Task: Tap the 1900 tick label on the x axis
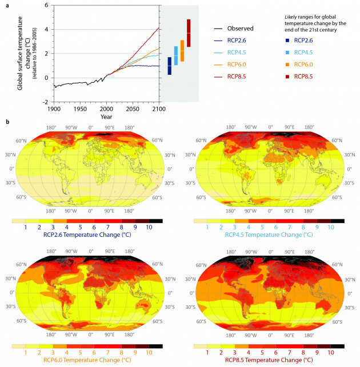point(54,108)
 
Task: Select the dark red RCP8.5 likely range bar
point(188,33)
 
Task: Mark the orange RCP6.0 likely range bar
point(182,51)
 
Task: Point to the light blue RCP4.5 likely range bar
point(175,56)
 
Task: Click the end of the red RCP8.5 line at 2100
point(158,27)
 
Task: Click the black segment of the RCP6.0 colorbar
point(158,346)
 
